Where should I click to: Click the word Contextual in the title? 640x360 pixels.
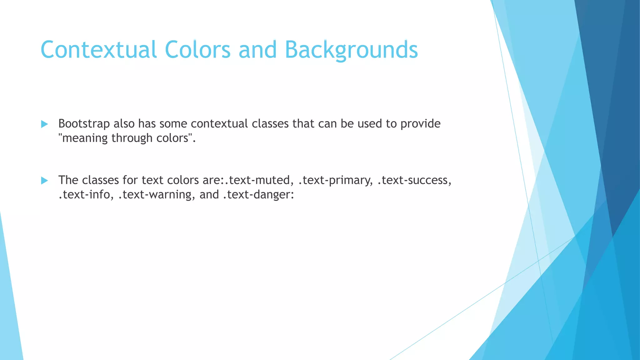point(98,50)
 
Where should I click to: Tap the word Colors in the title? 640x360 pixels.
point(197,50)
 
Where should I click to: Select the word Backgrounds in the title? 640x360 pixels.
point(351,50)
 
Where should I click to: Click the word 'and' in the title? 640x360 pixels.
point(257,50)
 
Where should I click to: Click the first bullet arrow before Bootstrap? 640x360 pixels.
point(44,124)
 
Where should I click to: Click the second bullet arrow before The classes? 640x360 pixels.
point(44,180)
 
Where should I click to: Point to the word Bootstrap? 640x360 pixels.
point(84,124)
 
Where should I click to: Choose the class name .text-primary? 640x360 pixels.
point(336,180)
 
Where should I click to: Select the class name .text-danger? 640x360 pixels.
point(258,195)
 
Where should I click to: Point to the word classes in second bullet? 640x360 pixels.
point(100,180)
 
